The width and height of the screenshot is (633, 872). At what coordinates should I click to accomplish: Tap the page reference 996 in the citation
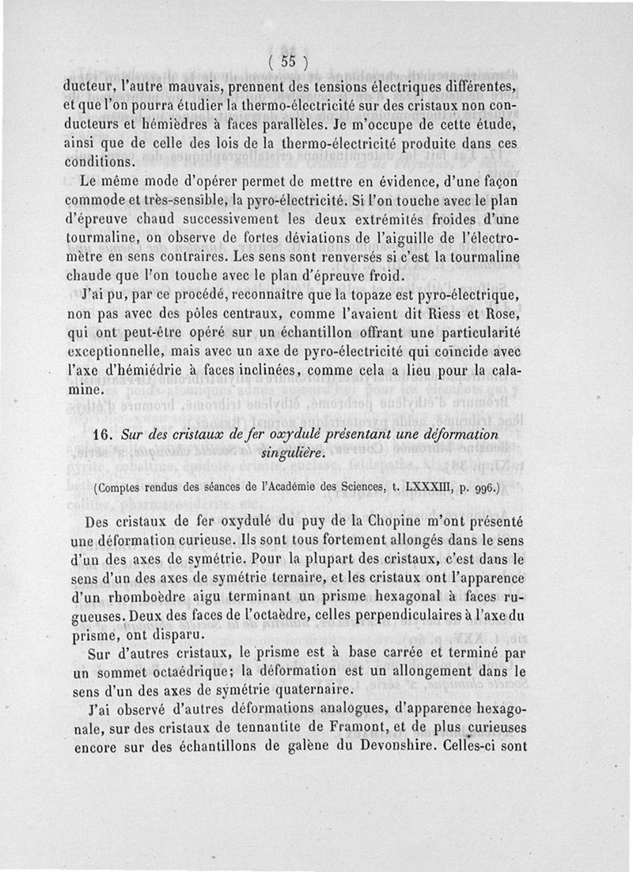pyautogui.click(x=482, y=489)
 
